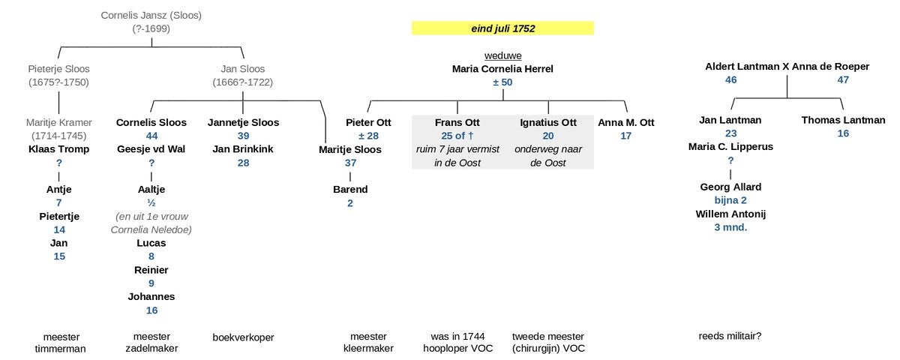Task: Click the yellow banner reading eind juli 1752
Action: pos(502,28)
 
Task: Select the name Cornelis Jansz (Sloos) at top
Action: pos(151,15)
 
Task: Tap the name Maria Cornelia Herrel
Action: pos(502,69)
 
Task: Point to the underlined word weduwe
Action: pos(502,55)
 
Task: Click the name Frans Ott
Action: pos(457,122)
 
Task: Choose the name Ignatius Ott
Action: pos(547,122)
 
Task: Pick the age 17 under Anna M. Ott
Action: pos(626,136)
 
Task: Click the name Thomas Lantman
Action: pos(843,120)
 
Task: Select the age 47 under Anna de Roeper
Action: pos(843,80)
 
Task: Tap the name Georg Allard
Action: pos(730,187)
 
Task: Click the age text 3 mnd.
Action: pos(730,227)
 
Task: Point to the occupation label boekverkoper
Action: pos(243,337)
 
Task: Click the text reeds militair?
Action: pos(730,336)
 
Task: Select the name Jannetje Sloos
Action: pos(243,122)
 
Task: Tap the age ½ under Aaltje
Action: pos(151,202)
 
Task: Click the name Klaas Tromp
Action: pos(59,149)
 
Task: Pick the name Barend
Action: pos(350,189)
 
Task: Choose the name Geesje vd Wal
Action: pos(151,149)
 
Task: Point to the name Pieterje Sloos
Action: pos(59,69)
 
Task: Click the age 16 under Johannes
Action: pos(151,310)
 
